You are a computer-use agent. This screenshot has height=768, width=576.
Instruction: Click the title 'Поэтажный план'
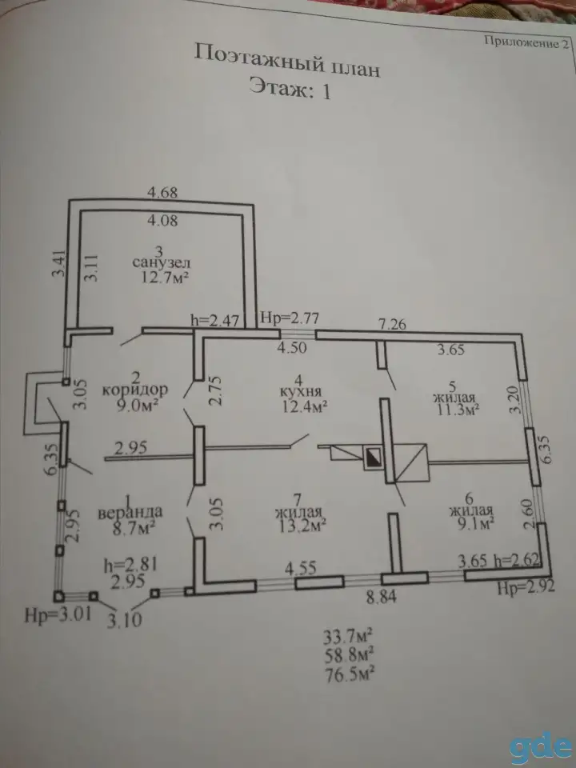[287, 60]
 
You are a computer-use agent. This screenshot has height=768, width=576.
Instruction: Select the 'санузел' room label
[161, 263]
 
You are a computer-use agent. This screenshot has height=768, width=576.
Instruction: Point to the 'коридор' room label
[135, 390]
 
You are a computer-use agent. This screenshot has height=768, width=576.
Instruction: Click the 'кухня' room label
[301, 392]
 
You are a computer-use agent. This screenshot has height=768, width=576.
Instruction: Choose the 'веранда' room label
[130, 513]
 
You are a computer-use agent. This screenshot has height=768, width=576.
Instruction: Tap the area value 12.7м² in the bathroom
[165, 278]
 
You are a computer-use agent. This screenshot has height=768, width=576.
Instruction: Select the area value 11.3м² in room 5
[457, 410]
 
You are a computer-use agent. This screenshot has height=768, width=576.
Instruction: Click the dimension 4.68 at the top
[162, 193]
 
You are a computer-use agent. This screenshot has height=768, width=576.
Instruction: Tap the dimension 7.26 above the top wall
[392, 324]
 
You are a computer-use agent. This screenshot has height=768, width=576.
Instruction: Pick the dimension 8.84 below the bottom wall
[382, 597]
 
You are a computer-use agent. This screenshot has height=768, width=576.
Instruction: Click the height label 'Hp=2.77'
[290, 318]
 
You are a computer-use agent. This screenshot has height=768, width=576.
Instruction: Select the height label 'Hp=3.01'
[58, 614]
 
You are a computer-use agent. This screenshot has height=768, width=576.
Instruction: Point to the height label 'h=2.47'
[215, 321]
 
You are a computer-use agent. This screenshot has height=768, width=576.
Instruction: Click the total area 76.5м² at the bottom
[350, 674]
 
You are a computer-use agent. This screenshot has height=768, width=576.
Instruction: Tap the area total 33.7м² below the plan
[348, 638]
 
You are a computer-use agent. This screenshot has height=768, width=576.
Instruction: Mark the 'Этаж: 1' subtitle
[290, 89]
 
